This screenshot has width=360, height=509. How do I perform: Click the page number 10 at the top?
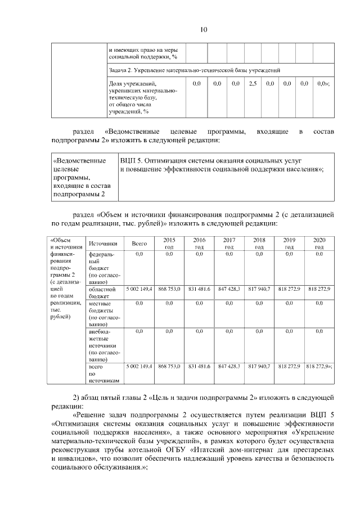tap(180, 30)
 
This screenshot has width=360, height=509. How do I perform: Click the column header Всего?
tap(139, 244)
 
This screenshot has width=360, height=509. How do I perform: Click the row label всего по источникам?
tap(101, 373)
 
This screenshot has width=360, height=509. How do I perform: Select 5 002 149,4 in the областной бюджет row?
tap(139, 289)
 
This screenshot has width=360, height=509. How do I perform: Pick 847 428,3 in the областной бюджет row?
tap(229, 289)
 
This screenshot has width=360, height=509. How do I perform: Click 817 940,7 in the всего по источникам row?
tap(259, 366)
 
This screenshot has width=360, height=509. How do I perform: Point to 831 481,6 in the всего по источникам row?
tap(199, 366)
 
